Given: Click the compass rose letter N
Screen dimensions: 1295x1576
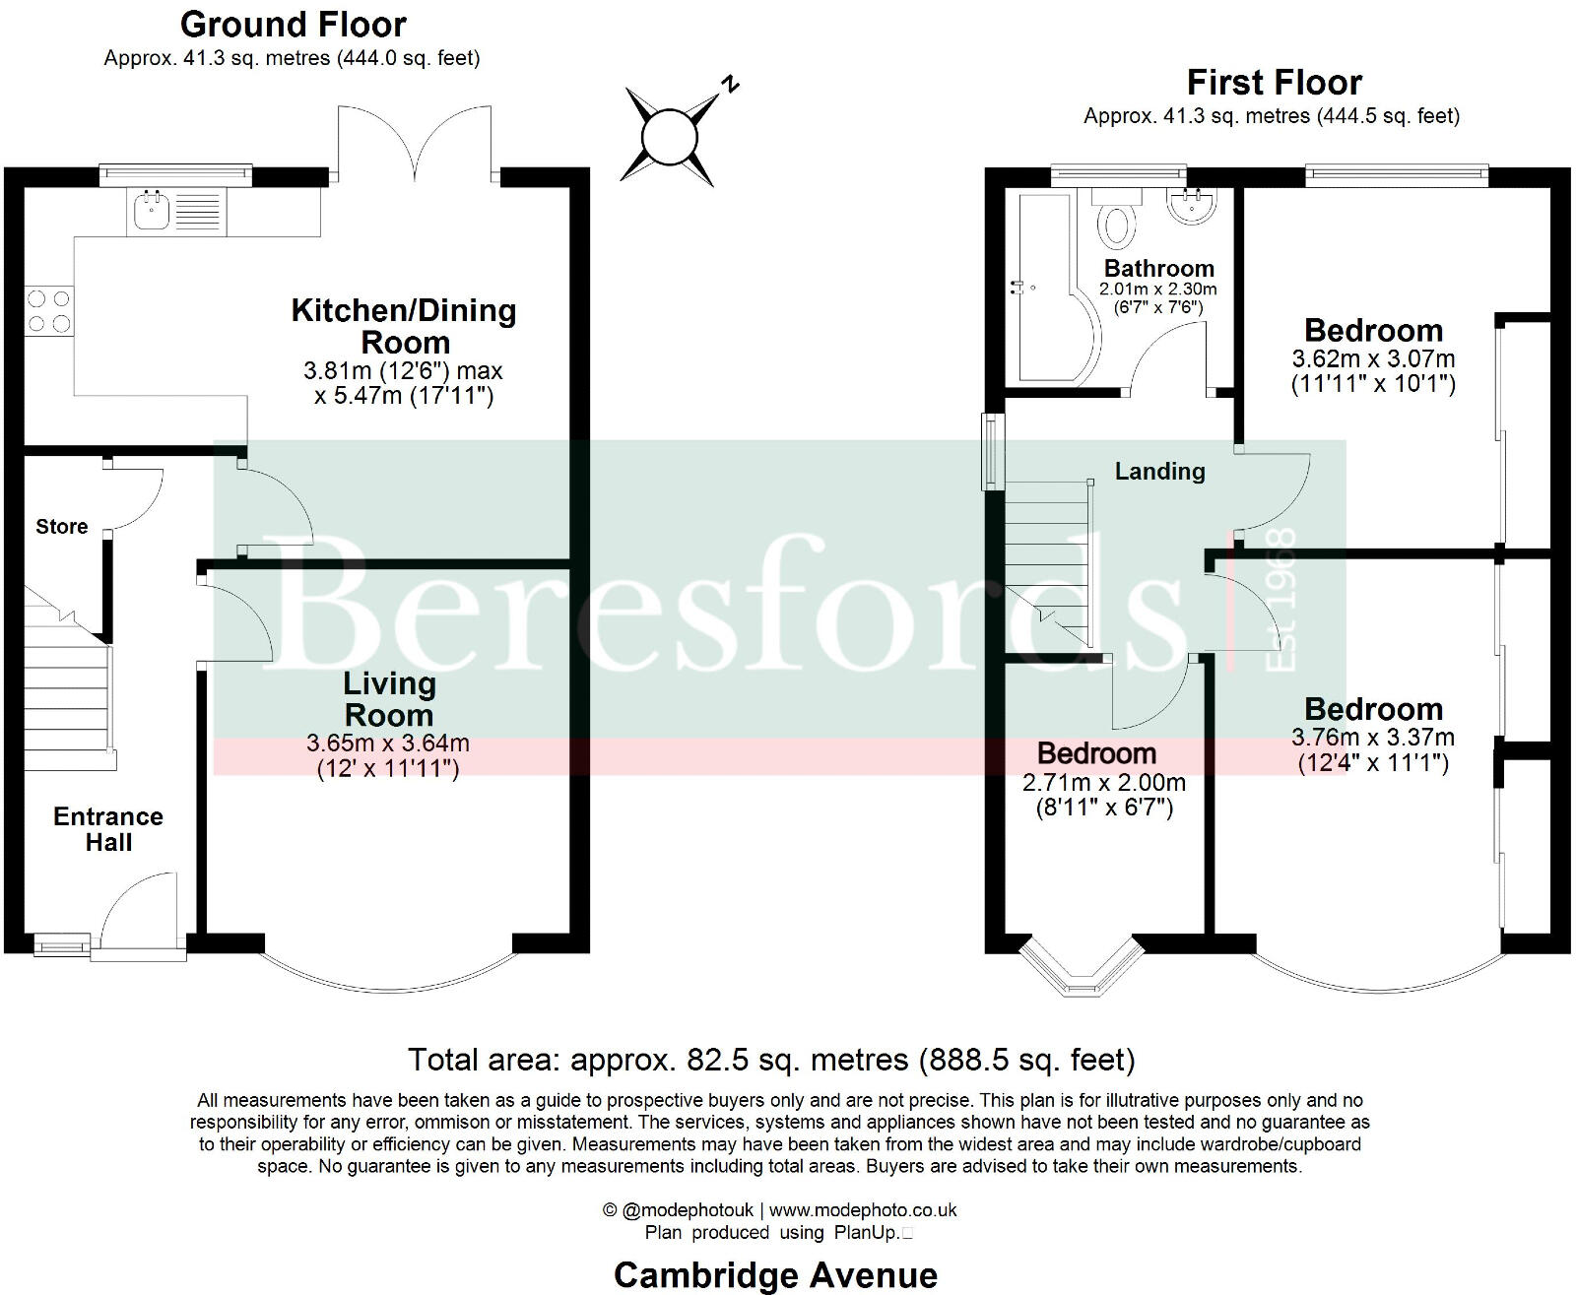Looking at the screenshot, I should click(x=730, y=85).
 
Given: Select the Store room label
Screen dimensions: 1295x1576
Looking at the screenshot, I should click(x=62, y=527).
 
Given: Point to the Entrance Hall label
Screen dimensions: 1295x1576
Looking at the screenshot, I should click(x=108, y=829).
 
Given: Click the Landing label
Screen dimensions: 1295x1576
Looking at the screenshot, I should click(x=1159, y=472).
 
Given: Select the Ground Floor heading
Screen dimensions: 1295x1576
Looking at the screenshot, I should click(x=293, y=24).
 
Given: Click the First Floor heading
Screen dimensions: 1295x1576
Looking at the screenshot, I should click(x=1274, y=82).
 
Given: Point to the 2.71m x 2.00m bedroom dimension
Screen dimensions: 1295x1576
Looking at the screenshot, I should click(x=1104, y=784).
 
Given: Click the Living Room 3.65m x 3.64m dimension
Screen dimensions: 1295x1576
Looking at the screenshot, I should click(x=388, y=744).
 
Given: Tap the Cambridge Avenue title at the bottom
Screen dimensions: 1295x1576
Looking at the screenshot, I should click(x=775, y=1274).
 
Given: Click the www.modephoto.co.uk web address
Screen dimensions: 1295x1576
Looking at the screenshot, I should click(x=863, y=1210).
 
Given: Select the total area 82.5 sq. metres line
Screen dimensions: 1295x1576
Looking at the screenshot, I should click(x=771, y=1060).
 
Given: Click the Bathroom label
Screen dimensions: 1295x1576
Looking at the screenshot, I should click(x=1158, y=268).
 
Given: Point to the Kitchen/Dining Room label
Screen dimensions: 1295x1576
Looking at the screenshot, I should click(x=404, y=326).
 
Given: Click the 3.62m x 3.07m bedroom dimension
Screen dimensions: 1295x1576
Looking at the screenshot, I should click(x=1372, y=359).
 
